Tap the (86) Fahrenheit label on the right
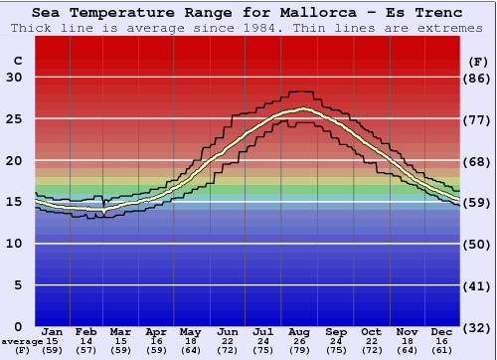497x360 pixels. coord(479,78)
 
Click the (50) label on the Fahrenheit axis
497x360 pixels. coord(479,244)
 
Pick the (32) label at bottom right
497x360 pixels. coord(479,326)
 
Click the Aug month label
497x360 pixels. coord(300,331)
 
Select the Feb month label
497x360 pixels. coord(86,331)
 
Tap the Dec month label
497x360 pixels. coord(442,331)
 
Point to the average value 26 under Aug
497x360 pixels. coord(300,341)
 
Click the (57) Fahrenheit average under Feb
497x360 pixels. coord(86,350)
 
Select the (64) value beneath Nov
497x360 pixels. coord(407,350)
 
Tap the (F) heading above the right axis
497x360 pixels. coord(479,61)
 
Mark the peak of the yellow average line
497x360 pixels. coord(301,108)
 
